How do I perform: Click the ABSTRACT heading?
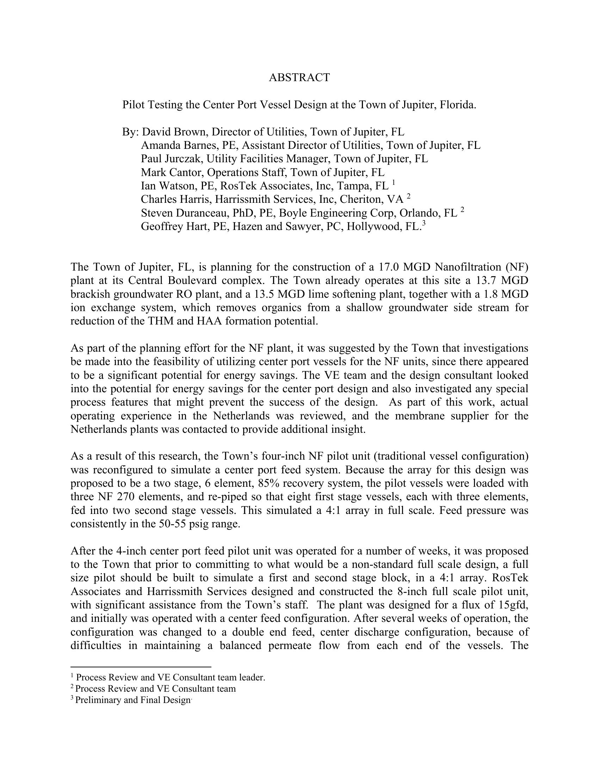tap(299, 78)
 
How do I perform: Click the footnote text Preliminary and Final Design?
tap(133, 700)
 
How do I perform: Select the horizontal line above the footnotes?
tap(141, 667)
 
